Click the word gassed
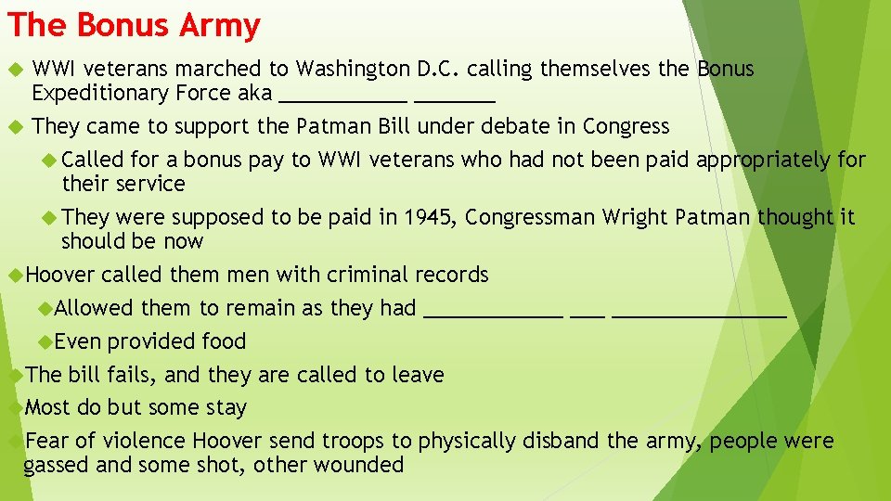tap(56, 465)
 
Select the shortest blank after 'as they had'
tap(588, 315)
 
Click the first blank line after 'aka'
tap(342, 99)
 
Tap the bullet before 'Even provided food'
tap(46, 341)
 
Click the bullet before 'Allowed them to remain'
tap(46, 308)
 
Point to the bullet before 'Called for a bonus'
tap(51, 160)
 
